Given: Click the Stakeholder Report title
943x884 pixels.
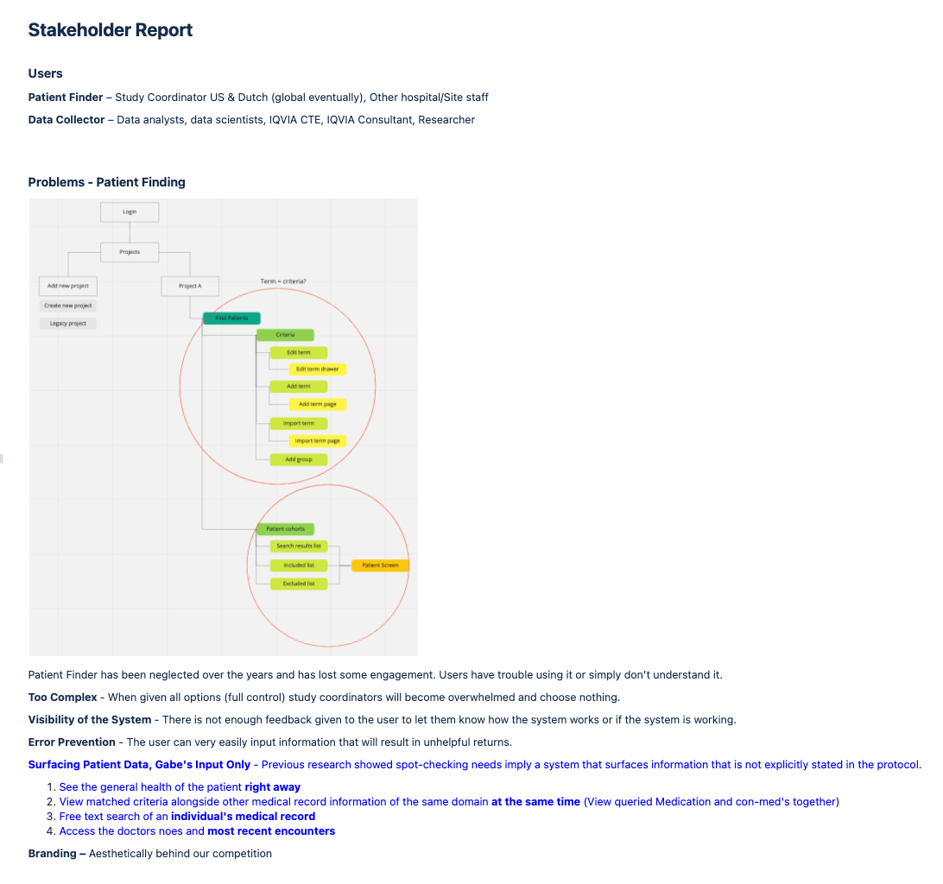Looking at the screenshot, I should tap(110, 30).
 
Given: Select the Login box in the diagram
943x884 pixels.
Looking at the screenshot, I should tap(130, 212).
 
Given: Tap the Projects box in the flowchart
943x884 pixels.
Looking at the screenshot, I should tap(130, 252).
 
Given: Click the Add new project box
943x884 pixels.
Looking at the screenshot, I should tap(68, 286).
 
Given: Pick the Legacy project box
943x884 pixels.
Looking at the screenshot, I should tap(68, 323).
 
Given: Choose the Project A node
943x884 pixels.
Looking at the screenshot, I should tap(190, 286).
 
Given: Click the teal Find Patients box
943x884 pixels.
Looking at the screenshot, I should tap(231, 319).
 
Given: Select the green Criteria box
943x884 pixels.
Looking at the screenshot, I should tap(285, 335).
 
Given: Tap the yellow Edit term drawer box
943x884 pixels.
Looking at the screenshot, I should tap(317, 369).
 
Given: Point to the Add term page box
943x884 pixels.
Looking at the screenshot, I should tap(317, 404).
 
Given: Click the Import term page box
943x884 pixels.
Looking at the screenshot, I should tap(317, 441).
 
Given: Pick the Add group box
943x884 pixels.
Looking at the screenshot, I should tap(299, 459).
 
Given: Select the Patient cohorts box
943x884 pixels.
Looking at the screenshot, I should tap(285, 528).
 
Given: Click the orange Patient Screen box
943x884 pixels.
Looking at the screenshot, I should tap(380, 565).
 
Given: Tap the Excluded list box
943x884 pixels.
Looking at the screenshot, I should tap(299, 584).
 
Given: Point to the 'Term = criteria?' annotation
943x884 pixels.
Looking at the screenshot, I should tap(283, 281).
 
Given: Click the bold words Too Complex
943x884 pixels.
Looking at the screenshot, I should tap(62, 698).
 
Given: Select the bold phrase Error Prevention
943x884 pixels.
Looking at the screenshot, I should tap(72, 742).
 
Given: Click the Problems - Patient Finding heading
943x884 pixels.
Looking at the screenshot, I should tap(106, 182).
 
